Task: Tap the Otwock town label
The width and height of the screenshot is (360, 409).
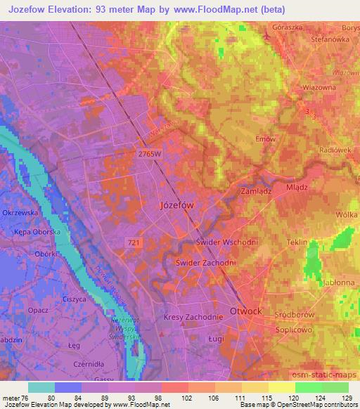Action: pos(246,311)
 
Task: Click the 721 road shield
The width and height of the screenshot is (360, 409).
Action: pos(133,242)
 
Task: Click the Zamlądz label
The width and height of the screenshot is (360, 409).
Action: pos(255,190)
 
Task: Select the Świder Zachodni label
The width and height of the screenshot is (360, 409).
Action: pos(205,262)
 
